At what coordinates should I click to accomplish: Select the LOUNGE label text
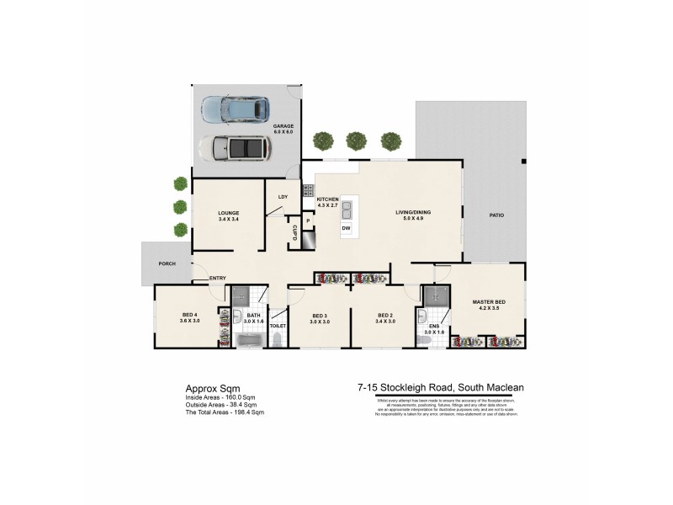click(228, 213)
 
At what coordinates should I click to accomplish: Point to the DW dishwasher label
click(346, 228)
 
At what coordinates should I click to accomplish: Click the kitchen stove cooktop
click(309, 190)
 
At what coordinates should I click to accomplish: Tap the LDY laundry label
click(283, 197)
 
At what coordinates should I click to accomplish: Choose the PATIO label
click(496, 215)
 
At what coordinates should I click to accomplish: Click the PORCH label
click(167, 263)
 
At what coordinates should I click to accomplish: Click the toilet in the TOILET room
click(278, 339)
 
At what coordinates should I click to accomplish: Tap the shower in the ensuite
click(436, 295)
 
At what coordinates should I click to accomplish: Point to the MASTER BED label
click(488, 302)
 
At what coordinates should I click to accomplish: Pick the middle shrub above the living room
click(357, 140)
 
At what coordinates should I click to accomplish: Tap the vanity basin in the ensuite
click(422, 322)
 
